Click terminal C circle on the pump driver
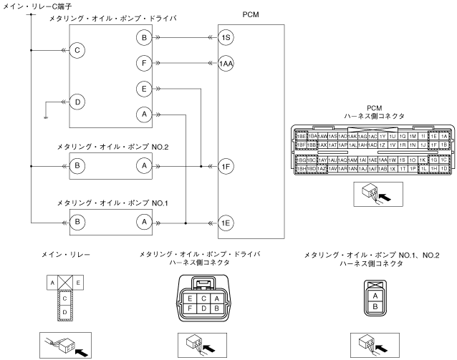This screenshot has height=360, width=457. (77, 51)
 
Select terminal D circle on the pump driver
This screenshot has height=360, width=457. (77, 102)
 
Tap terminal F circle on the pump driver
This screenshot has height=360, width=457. (144, 63)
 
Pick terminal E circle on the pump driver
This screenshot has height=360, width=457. (144, 88)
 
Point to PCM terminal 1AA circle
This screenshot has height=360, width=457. (226, 63)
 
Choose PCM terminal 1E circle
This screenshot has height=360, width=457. (226, 223)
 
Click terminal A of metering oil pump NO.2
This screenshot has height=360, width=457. (144, 165)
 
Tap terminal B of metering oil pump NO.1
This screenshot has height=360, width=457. (77, 223)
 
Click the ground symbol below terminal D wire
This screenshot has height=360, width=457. (46, 116)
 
